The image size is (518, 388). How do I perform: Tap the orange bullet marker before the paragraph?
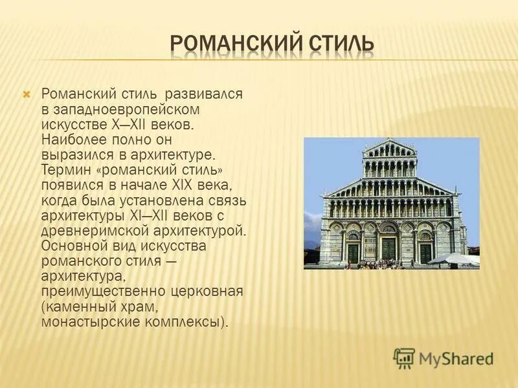(x=27, y=94)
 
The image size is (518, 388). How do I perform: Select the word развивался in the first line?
(x=203, y=94)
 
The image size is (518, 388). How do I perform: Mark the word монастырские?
(x=86, y=321)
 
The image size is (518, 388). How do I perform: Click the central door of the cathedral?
(x=388, y=248)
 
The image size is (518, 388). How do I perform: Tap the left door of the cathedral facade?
(x=354, y=252)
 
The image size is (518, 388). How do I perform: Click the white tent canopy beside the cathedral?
(x=453, y=259)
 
